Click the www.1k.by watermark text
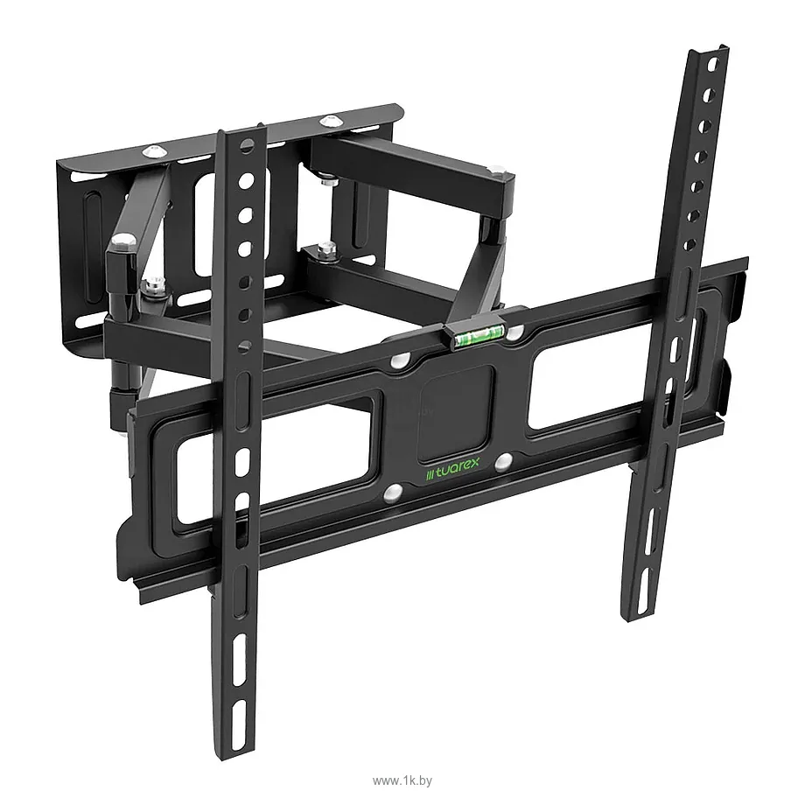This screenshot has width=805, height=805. tap(402, 780)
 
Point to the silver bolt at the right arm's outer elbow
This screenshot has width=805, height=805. tap(499, 169)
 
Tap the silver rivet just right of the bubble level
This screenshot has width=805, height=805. tap(514, 332)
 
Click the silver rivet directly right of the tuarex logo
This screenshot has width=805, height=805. tap(504, 460)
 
